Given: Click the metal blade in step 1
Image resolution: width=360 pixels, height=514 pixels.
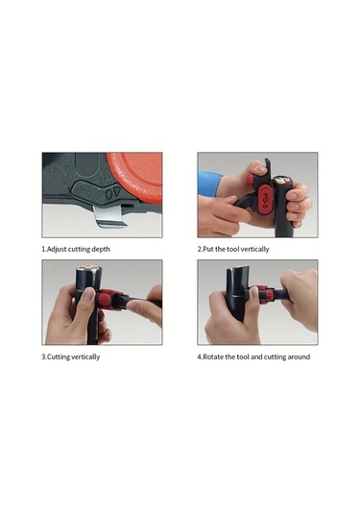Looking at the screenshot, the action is [x=108, y=216].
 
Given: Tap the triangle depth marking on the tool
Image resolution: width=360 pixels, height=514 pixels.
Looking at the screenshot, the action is [x=117, y=193].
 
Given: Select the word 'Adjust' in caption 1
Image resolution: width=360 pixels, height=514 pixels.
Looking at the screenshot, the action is [x=57, y=249].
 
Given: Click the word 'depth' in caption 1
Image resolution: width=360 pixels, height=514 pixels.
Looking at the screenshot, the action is [x=101, y=249].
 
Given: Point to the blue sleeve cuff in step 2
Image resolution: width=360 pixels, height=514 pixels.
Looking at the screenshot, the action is [x=208, y=184].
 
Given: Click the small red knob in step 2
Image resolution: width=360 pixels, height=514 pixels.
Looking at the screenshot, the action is [x=250, y=179].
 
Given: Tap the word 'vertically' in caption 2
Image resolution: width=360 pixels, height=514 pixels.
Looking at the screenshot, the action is [x=254, y=249].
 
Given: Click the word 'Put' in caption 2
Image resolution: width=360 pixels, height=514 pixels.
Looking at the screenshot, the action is [x=207, y=249].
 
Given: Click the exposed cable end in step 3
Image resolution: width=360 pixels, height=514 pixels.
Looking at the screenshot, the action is [x=89, y=270].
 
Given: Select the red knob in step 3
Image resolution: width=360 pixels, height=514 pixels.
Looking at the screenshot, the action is [x=105, y=300].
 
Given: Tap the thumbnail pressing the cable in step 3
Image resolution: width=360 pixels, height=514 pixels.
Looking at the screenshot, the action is [x=88, y=294].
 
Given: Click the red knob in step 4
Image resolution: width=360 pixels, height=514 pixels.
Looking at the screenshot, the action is [x=270, y=293].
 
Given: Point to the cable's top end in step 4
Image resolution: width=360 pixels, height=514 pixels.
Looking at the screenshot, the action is [x=237, y=271].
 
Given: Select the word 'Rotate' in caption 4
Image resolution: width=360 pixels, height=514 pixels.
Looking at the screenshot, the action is [x=213, y=357].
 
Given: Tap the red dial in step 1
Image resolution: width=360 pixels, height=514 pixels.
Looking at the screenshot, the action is [x=137, y=177].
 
